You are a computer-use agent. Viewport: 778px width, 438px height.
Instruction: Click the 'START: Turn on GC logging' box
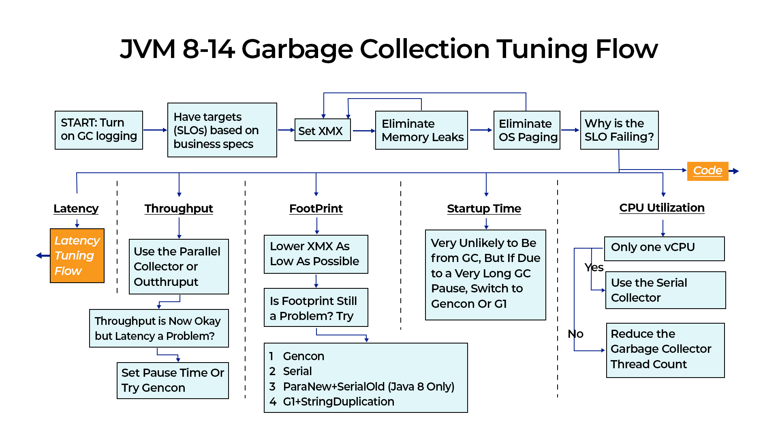[99, 130]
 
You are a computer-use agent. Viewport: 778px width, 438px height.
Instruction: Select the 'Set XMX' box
[323, 130]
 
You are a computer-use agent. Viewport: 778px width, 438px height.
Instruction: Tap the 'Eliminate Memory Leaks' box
[421, 130]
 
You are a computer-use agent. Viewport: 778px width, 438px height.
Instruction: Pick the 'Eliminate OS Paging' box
[527, 130]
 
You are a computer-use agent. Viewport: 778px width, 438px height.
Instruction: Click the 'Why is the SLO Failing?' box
[619, 130]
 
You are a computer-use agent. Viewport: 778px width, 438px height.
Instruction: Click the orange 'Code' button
[707, 171]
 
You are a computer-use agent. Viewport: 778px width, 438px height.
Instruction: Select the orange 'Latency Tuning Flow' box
[77, 255]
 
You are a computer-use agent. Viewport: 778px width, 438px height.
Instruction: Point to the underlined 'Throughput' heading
[179, 208]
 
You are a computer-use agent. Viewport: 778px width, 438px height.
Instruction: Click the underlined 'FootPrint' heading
[316, 208]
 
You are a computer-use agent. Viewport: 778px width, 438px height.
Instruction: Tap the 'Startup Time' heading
[484, 208]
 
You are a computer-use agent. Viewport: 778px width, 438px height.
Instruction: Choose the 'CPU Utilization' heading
[662, 208]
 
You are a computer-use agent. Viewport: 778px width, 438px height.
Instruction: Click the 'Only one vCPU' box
[664, 248]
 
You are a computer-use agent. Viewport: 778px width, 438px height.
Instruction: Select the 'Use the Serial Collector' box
[665, 290]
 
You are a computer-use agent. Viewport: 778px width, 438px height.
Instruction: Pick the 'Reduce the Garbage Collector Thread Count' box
[665, 350]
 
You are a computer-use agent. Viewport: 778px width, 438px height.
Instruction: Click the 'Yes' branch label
[594, 268]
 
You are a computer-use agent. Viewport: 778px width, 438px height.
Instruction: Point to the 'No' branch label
[575, 334]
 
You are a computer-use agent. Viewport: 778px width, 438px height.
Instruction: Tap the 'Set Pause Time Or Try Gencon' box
[173, 380]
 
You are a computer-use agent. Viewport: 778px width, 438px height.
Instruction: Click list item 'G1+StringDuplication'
[338, 402]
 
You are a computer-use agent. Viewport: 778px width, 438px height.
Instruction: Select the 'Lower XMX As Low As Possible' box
[316, 254]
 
